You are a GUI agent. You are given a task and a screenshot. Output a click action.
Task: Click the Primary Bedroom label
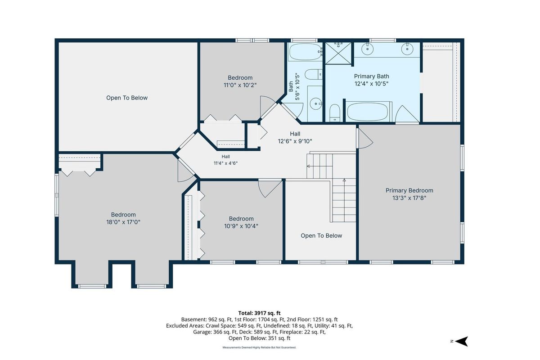point(409,190)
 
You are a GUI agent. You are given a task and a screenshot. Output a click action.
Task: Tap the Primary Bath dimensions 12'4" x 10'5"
point(371,84)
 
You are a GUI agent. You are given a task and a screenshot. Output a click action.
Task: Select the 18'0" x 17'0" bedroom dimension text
point(123,222)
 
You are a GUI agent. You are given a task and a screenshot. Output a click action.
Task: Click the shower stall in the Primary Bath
point(338,53)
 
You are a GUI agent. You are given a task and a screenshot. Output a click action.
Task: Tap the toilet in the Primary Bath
point(335,113)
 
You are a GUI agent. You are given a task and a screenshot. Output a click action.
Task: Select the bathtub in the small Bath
point(305,52)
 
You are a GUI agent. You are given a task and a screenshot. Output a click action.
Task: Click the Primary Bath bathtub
point(367,112)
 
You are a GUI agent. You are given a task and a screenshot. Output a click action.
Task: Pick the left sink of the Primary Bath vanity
point(368,49)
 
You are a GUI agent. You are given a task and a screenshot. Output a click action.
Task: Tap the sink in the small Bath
point(315,103)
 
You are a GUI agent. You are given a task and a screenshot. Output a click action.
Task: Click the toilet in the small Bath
point(313,74)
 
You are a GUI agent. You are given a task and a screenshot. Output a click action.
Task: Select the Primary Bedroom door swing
point(365,138)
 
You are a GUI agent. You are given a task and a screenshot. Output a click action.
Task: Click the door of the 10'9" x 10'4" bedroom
point(270,189)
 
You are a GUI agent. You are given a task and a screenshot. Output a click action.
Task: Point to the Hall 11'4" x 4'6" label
point(225,160)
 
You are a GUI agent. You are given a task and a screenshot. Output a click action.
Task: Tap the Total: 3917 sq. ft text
point(259,313)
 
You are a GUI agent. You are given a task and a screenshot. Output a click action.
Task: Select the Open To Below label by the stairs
point(321,236)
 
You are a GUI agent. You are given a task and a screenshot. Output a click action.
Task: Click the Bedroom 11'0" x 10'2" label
point(240,81)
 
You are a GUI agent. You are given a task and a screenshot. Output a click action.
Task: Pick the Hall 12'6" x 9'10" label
point(295,137)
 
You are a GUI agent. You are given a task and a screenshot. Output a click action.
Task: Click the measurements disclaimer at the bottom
point(259,347)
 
